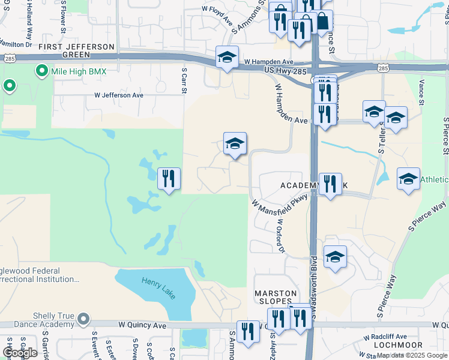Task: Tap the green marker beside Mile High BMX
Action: tap(41, 71)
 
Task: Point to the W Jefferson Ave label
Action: tap(119, 95)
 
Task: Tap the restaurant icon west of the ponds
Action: tap(169, 178)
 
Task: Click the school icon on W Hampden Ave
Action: tap(227, 58)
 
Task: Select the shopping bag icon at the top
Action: tap(322, 22)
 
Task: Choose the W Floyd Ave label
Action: tap(217, 16)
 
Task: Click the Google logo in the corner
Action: tap(19, 353)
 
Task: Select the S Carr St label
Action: tap(184, 80)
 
